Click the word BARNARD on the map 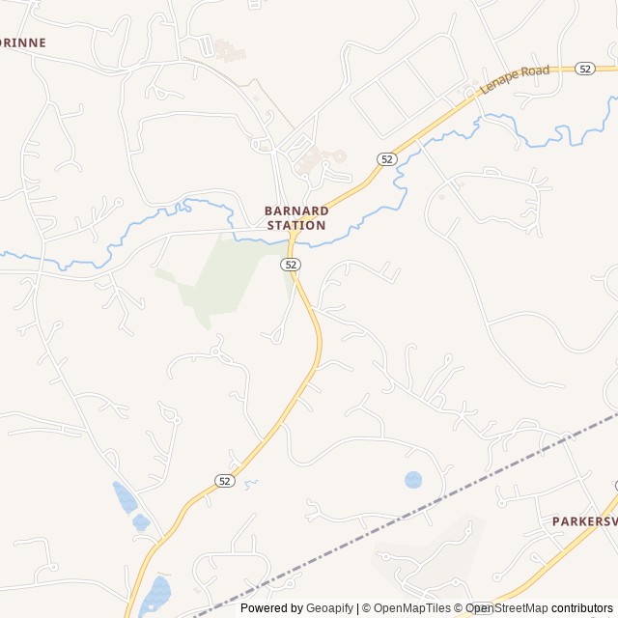[x=296, y=211]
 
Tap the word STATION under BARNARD [x=296, y=225]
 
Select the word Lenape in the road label [x=499, y=83]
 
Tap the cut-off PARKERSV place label [x=583, y=521]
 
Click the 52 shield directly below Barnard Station [x=293, y=264]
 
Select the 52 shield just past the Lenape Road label [x=584, y=69]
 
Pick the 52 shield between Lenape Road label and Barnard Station [x=386, y=158]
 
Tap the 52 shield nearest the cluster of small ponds [x=224, y=481]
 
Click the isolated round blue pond [x=413, y=479]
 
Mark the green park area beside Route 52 [x=217, y=280]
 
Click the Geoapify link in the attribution [x=330, y=608]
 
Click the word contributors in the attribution [x=582, y=608]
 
